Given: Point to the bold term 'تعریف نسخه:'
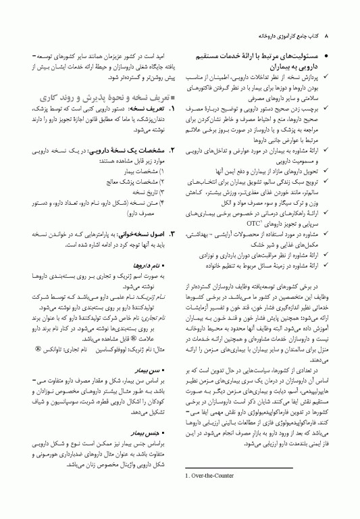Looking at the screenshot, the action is pos(141,109).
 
